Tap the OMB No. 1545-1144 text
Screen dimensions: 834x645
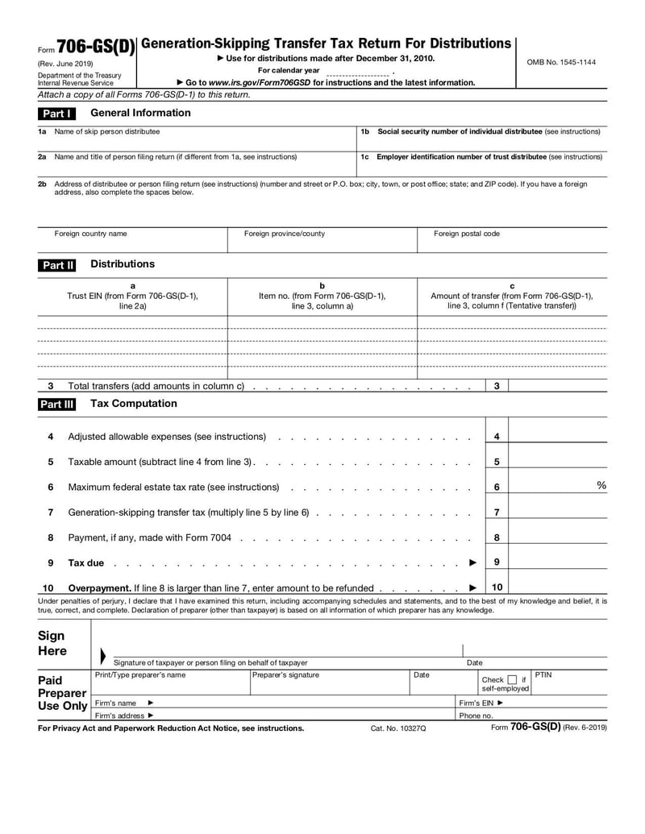561,62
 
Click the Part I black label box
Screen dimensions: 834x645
57,114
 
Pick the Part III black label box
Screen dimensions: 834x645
57,405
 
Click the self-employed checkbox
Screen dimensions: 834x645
513,679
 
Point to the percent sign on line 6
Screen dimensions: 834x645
601,485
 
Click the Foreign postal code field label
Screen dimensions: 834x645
467,234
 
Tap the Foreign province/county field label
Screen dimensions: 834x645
285,234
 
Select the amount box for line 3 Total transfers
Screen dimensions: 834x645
558,386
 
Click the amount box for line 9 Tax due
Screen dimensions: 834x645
558,562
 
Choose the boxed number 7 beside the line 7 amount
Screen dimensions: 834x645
497,512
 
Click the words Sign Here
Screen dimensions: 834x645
52,643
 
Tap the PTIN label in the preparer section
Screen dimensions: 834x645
543,674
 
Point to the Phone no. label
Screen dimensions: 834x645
476,716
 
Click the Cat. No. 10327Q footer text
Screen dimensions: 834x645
398,728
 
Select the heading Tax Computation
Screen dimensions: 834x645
133,404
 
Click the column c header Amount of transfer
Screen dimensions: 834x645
512,295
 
